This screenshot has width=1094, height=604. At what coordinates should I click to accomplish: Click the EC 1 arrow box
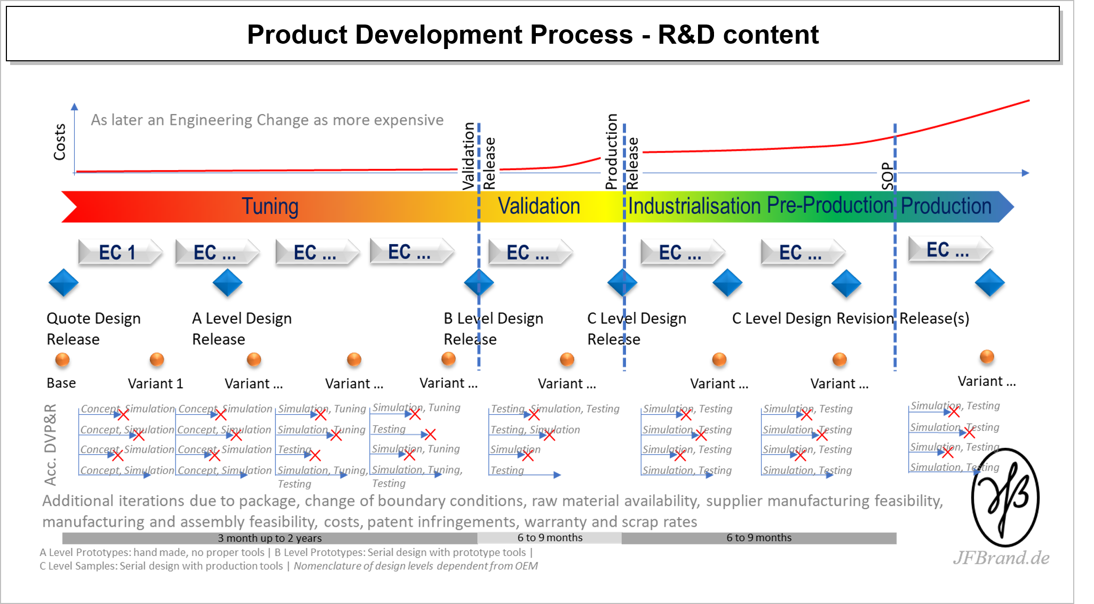pyautogui.click(x=118, y=252)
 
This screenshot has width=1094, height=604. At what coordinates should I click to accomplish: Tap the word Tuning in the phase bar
pyautogui.click(x=270, y=207)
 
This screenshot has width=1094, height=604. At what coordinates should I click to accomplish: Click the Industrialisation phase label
pyautogui.click(x=694, y=206)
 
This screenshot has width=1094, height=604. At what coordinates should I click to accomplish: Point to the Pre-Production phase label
pyautogui.click(x=830, y=205)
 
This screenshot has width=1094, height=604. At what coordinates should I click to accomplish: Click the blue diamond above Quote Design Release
pyautogui.click(x=64, y=283)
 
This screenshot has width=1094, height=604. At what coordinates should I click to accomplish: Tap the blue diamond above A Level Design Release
pyautogui.click(x=228, y=283)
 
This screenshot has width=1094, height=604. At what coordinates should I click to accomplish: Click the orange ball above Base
pyautogui.click(x=62, y=360)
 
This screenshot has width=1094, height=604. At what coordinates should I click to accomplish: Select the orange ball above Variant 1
pyautogui.click(x=157, y=360)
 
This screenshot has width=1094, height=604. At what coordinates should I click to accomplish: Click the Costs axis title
pyautogui.click(x=59, y=142)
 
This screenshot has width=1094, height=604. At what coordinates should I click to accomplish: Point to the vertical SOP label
pyautogui.click(x=887, y=176)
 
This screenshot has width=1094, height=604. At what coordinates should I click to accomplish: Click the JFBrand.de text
pyautogui.click(x=1001, y=558)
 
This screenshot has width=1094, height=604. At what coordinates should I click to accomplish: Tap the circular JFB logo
pyautogui.click(x=1005, y=497)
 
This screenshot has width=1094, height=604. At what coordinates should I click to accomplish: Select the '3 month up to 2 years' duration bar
pyautogui.click(x=269, y=538)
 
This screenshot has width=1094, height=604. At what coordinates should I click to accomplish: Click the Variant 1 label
pyautogui.click(x=155, y=383)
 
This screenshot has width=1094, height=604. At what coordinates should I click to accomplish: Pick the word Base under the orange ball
pyautogui.click(x=61, y=383)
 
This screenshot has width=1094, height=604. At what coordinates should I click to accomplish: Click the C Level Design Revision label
pyautogui.click(x=812, y=318)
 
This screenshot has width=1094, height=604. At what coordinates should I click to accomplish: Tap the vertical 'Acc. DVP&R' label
pyautogui.click(x=51, y=445)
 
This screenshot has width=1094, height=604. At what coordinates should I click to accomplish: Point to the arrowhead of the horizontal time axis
pyautogui.click(x=1025, y=173)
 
